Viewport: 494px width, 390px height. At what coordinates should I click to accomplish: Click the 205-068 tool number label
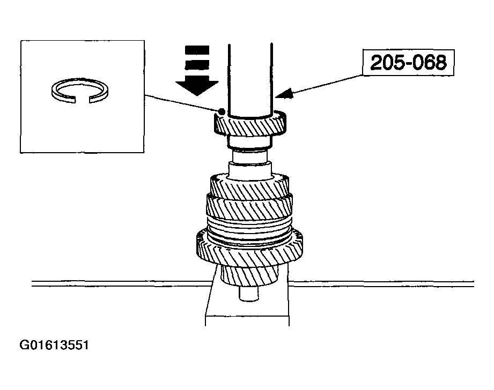[408, 62]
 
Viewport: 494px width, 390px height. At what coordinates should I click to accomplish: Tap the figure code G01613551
[54, 345]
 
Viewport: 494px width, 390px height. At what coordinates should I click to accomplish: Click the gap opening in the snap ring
[83, 100]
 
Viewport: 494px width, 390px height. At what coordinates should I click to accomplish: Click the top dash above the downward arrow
[197, 50]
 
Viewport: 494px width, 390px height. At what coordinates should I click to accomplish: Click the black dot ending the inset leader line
[222, 111]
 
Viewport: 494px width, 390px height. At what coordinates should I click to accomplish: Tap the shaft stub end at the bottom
[249, 294]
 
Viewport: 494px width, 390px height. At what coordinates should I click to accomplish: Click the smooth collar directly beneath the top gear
[249, 142]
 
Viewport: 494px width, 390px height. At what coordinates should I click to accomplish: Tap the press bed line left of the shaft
[121, 283]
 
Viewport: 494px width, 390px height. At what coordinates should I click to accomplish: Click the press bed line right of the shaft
[381, 283]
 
